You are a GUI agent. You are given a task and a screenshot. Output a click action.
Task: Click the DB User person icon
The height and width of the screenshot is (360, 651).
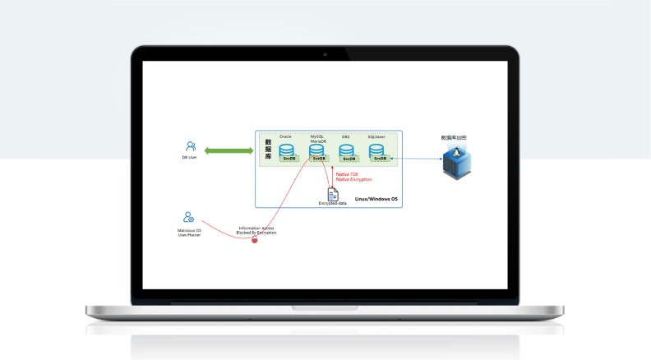pos(190,145)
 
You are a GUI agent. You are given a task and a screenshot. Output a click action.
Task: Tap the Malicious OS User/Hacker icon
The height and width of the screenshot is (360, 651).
pos(189,218)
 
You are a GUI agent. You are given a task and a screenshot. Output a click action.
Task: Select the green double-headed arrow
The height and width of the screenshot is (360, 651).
pos(229,150)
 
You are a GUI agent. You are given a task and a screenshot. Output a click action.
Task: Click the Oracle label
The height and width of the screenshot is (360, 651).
pos(286,136)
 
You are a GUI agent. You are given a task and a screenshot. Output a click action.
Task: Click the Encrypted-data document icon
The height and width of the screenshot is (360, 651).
pos(333,194)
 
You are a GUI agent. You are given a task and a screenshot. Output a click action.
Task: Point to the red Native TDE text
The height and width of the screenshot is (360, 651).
pos(347,174)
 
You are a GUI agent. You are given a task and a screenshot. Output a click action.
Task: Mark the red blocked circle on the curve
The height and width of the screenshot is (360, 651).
pos(255,239)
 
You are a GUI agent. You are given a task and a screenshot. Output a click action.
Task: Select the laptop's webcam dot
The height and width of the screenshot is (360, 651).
pos(325,53)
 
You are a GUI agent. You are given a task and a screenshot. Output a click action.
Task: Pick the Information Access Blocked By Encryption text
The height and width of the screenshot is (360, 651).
pos(256,231)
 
